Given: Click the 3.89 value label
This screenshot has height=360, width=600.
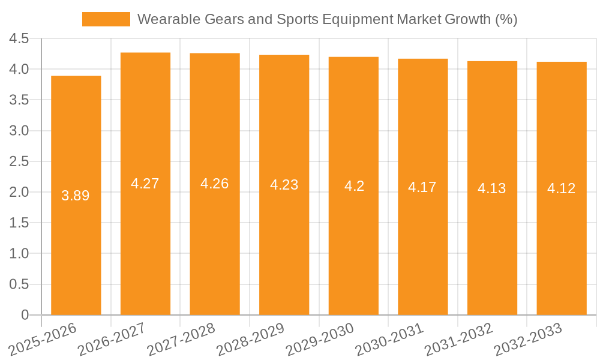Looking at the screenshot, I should (x=76, y=196).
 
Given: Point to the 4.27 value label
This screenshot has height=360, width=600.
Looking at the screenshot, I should (x=145, y=184).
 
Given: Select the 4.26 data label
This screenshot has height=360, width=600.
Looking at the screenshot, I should (x=215, y=184).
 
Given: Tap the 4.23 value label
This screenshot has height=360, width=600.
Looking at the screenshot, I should (x=284, y=185).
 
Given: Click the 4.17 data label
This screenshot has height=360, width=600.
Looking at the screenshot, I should (x=422, y=187).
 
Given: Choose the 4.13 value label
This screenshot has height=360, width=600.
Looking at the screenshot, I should (x=492, y=188).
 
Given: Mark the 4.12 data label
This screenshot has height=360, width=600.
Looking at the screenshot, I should (x=562, y=188).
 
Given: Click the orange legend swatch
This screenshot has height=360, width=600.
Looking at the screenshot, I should (x=106, y=19).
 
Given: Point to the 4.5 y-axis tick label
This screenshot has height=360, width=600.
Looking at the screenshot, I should (x=19, y=39).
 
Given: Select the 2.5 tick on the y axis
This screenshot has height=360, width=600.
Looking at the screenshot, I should (x=19, y=161).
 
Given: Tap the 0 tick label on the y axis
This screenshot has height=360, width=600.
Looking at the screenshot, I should (x=25, y=315).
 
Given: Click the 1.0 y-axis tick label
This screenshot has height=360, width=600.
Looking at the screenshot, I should (x=19, y=254).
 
